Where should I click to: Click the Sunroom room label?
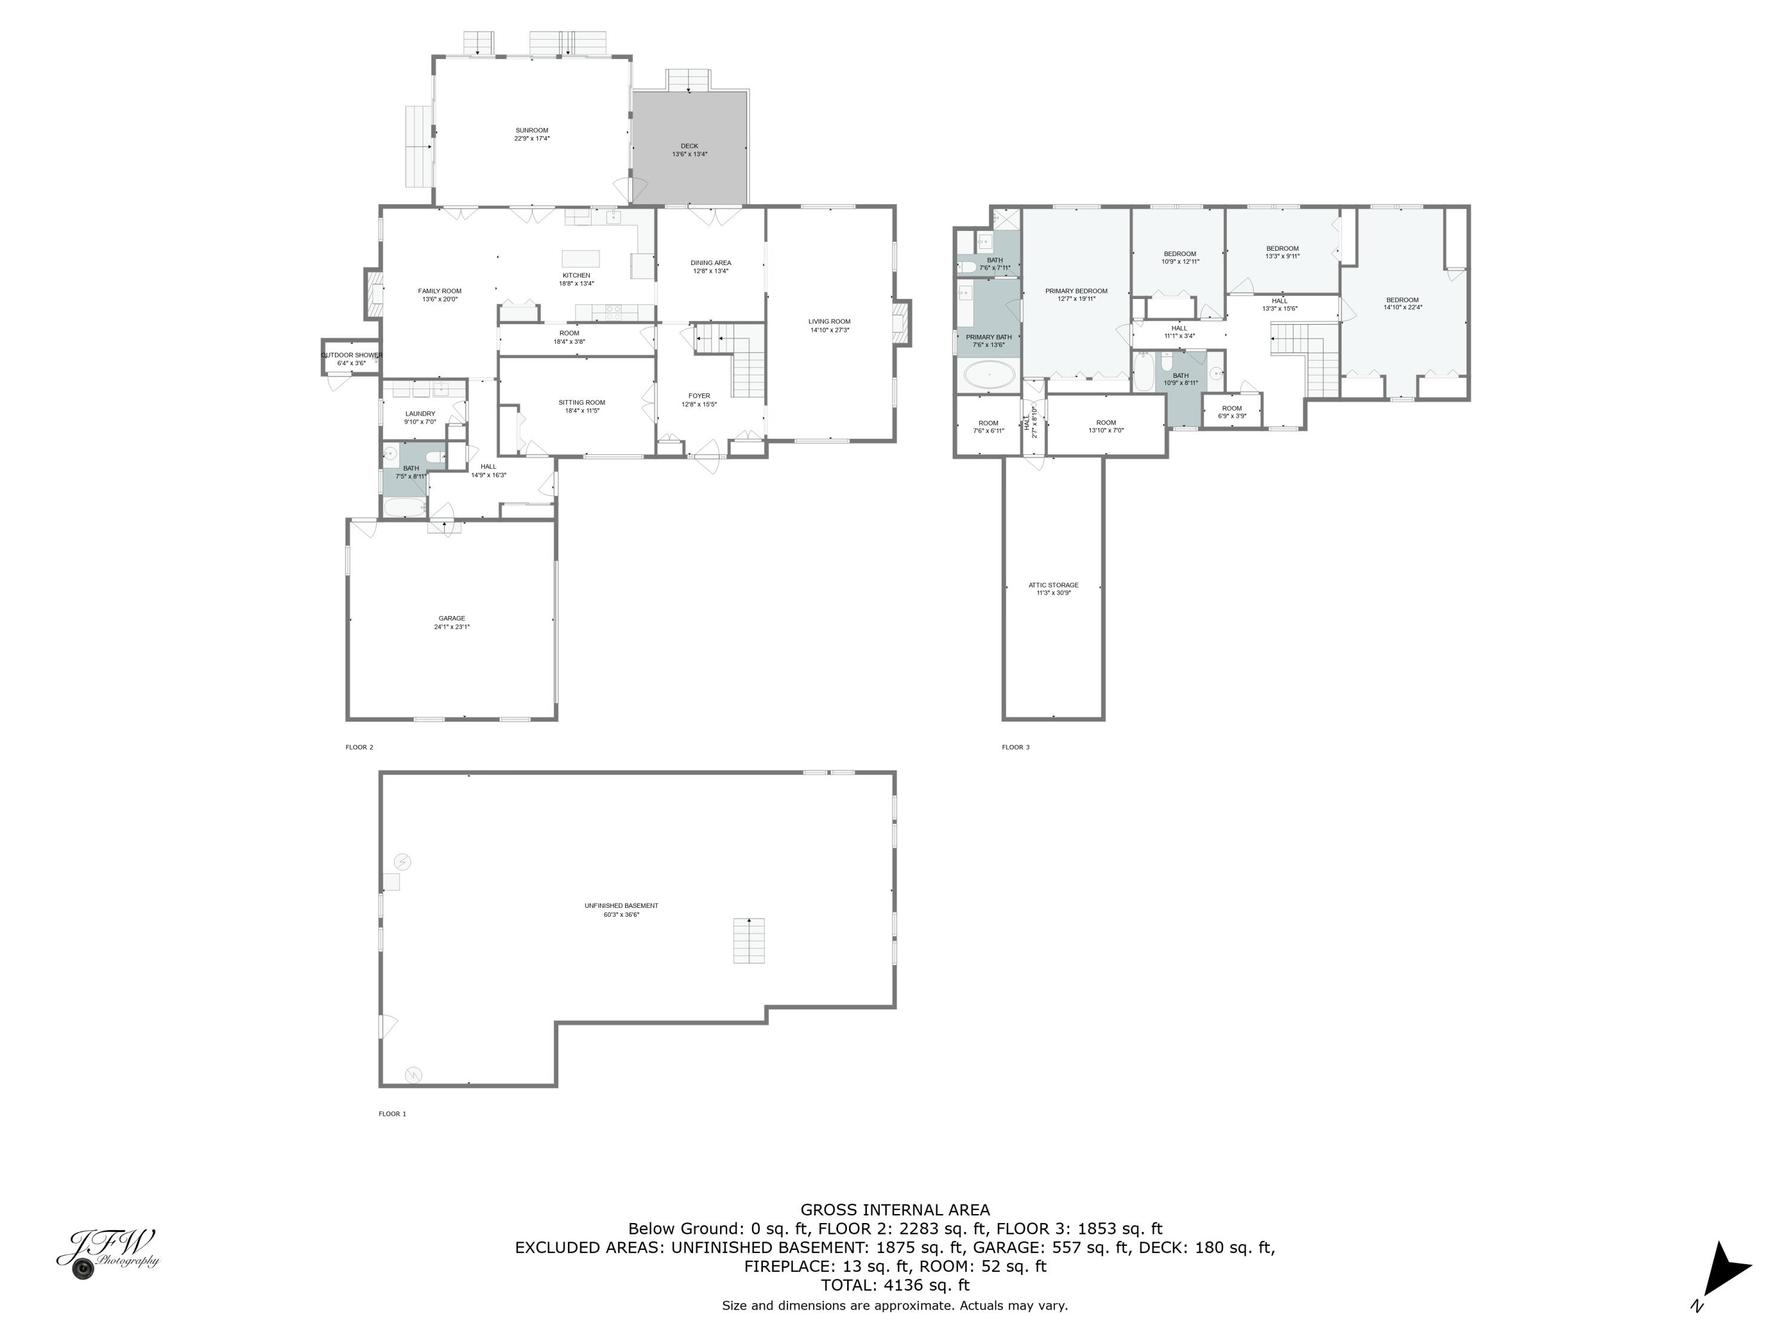coord(532,130)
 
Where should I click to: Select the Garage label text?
coord(452,618)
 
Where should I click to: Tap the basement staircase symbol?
coord(749,941)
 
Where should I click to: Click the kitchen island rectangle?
coord(580,258)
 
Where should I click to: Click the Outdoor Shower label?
coord(352,355)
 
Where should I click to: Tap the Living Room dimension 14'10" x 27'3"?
coord(829,330)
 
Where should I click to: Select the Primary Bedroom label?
coord(1076,291)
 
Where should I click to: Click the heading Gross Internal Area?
coord(895,1209)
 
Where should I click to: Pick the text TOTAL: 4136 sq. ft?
coord(895,1285)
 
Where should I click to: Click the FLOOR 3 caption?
coord(1015,747)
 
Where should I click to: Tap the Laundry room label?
coord(420,414)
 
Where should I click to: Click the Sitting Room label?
coord(581,402)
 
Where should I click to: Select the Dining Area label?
coord(711,262)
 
